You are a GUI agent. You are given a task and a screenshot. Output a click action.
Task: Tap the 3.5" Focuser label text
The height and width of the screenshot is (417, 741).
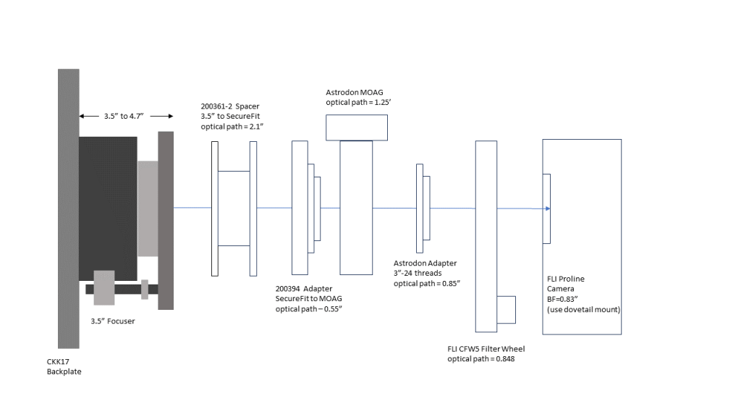tap(112, 320)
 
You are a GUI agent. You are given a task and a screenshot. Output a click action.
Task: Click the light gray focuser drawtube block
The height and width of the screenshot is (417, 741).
tap(148, 208)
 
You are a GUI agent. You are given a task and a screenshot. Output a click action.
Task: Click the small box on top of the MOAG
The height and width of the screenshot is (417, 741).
tap(357, 127)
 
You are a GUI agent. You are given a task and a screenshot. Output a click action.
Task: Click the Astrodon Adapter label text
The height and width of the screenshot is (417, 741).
tap(425, 264)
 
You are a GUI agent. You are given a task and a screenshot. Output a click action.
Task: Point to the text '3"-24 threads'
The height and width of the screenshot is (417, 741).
tap(418, 274)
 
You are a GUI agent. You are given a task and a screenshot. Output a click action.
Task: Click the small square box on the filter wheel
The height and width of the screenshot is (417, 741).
tap(505, 310)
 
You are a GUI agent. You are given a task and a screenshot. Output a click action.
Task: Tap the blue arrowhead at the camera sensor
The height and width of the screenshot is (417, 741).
tap(548, 208)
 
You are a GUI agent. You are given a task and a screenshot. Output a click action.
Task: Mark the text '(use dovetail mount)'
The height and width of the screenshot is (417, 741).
tap(583, 310)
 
